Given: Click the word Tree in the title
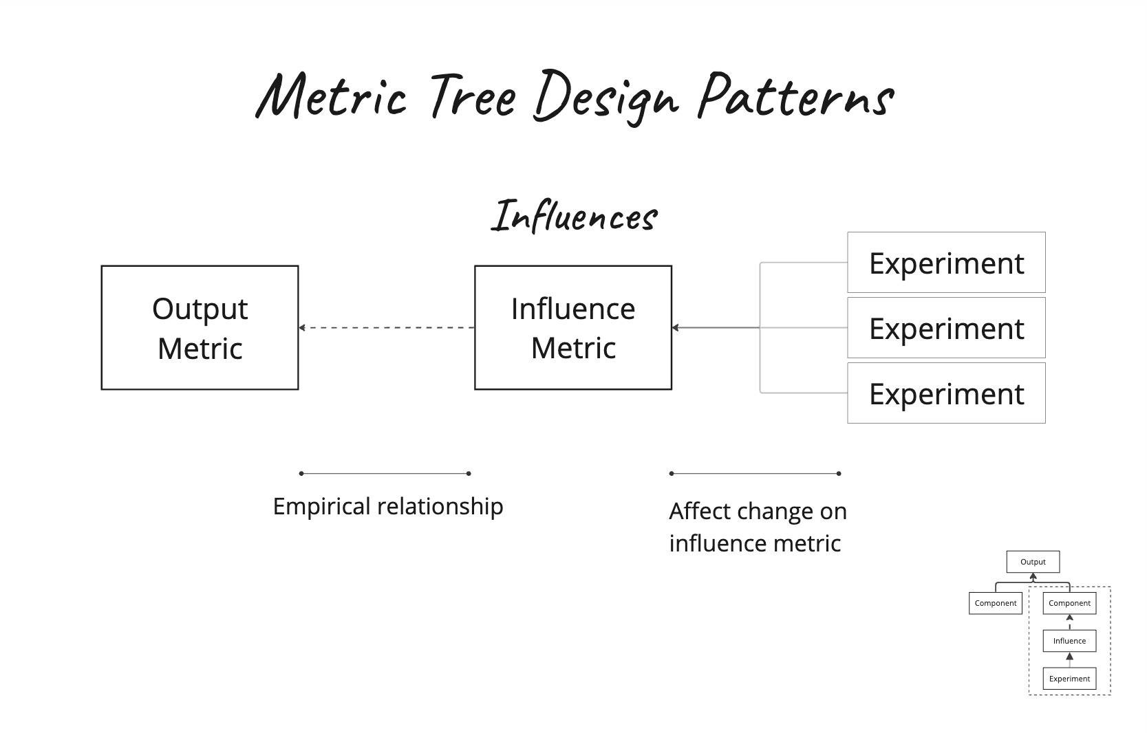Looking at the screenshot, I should pos(473,96).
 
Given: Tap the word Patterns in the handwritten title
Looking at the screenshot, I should pos(795,96).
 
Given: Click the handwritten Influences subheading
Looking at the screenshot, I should pos(574,217).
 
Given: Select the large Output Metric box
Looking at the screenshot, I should pos(200,328).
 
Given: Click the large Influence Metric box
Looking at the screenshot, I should pos(572,328).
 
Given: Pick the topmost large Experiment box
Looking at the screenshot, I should pos(946,263).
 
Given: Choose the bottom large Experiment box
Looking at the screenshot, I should pos(946,393).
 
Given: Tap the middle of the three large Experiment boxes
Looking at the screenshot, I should pos(946,328).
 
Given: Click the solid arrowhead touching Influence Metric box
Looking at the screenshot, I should pos(676,328).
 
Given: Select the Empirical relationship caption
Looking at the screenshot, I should pos(388,507).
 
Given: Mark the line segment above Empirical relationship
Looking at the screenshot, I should pos(385,474).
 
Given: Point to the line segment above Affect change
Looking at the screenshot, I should pos(755,474).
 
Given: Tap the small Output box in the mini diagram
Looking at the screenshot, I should pos(1033,562).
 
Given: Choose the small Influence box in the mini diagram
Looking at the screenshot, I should pos(1069,641).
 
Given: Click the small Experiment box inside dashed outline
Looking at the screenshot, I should pos(1069,679).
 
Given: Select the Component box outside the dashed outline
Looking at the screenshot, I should pos(995,603).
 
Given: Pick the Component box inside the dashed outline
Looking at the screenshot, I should pos(1069,603).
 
